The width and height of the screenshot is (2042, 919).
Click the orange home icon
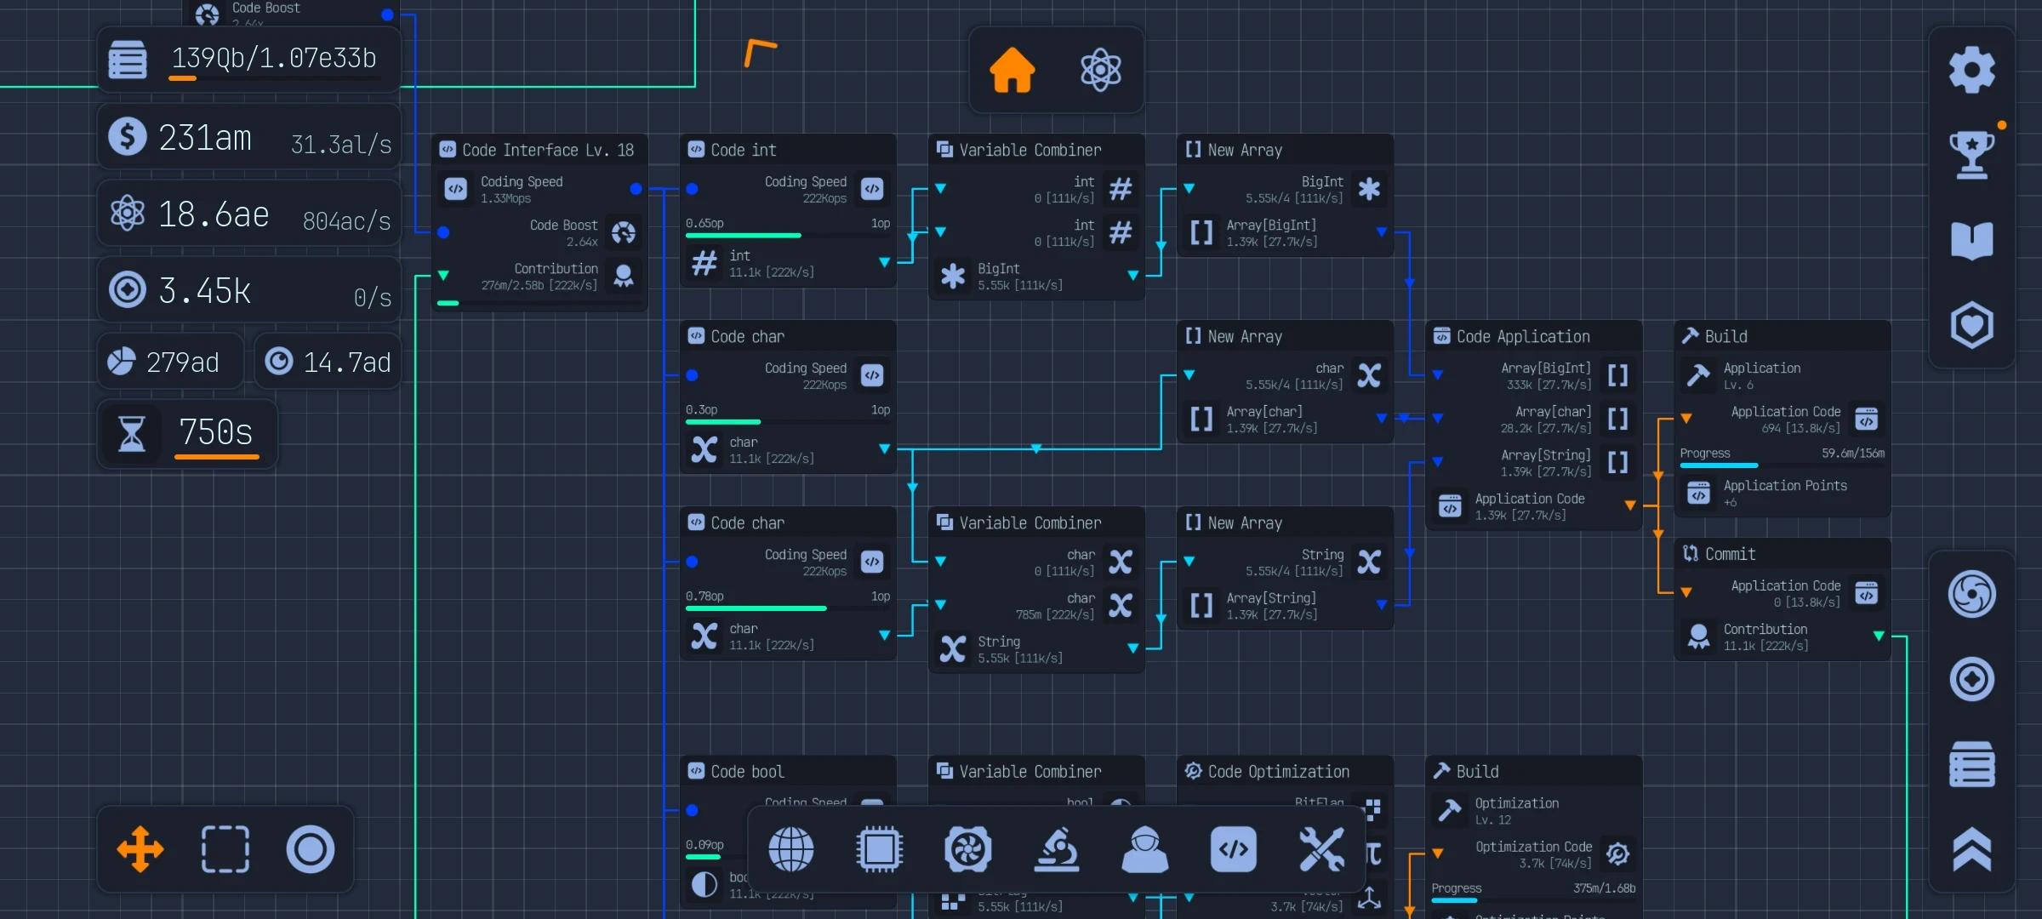coord(1012,70)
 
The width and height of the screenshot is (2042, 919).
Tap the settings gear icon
coord(1971,70)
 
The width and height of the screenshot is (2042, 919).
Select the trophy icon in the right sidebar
coord(1971,155)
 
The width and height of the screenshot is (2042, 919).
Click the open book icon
coord(1971,240)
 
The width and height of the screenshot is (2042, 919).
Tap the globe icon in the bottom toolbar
coord(790,849)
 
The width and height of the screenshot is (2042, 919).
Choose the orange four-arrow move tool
coord(140,849)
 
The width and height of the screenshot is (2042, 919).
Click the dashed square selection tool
coord(225,849)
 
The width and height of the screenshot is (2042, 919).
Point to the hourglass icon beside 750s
coord(131,433)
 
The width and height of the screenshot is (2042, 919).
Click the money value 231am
coord(205,138)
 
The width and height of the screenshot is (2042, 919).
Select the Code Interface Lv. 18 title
coord(547,151)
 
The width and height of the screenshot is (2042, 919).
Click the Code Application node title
coord(1522,337)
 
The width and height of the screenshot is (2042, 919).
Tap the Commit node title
coord(1730,554)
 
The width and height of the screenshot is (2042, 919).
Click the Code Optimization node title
coord(1278,772)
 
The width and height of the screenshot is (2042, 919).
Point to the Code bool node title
coord(747,772)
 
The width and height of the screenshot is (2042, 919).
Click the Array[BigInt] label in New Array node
coord(1271,225)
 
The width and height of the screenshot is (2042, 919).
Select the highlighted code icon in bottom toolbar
coord(1233,849)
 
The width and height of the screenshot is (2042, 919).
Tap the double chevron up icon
coord(1971,849)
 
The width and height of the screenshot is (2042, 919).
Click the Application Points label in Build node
coord(1785,486)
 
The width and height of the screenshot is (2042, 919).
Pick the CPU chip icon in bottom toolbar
coord(879,849)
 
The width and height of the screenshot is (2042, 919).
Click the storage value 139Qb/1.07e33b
coord(274,58)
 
